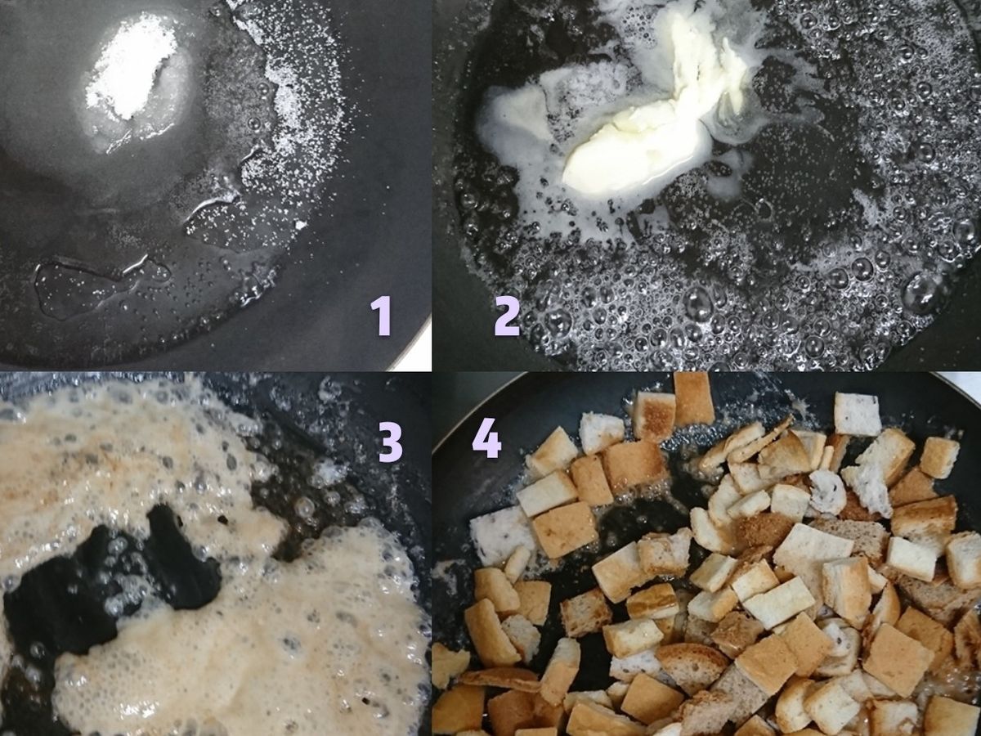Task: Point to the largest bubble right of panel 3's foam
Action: coord(307,506)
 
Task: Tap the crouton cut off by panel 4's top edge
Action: coord(693,397)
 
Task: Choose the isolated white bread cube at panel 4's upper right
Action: coord(857,413)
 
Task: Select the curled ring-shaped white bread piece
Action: coord(826,491)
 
